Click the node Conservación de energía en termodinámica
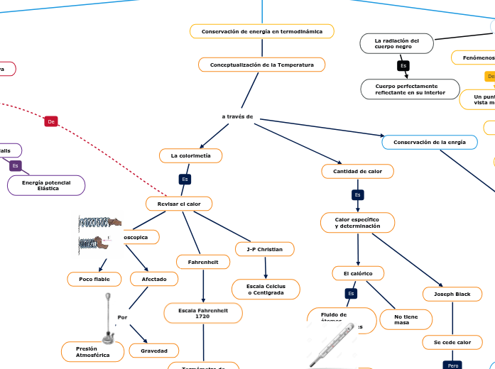click(261, 31)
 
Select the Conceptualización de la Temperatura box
click(261, 65)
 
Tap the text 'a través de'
click(237, 116)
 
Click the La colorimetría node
click(190, 155)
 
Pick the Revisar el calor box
click(179, 204)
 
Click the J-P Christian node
click(264, 249)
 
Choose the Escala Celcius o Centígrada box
click(266, 289)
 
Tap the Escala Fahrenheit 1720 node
click(202, 312)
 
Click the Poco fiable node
click(94, 280)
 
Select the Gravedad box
click(154, 351)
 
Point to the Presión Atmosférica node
click(92, 351)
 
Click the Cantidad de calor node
click(357, 171)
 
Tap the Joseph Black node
click(452, 294)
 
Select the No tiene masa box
click(406, 319)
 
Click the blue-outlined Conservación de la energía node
click(429, 142)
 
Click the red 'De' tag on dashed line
click(51, 121)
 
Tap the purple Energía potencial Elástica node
click(47, 185)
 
